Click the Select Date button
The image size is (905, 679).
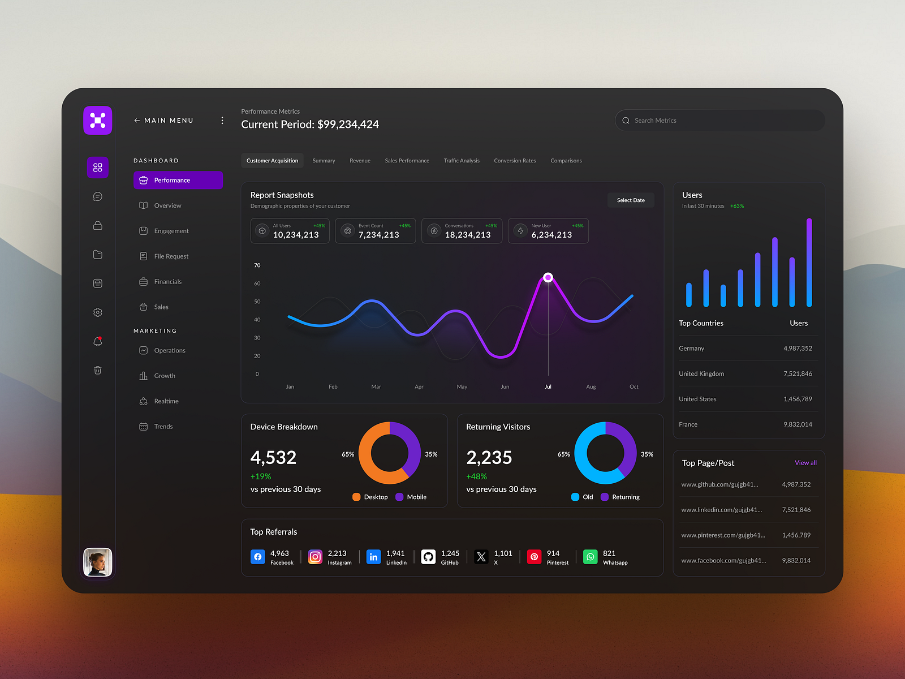(631, 200)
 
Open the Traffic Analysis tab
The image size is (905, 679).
(462, 161)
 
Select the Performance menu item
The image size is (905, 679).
(178, 181)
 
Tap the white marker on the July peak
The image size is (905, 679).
(548, 277)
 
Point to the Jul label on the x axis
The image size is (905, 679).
(548, 387)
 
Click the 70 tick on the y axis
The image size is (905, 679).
(257, 265)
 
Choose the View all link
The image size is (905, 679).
(805, 463)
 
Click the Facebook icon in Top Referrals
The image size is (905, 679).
(258, 557)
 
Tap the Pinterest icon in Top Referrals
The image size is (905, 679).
(534, 557)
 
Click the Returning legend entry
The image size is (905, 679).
(620, 497)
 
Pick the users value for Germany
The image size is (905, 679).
(798, 349)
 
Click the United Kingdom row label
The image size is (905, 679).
(701, 374)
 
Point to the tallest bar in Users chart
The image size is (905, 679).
(809, 263)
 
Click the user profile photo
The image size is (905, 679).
(98, 562)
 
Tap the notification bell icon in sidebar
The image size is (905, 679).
(98, 342)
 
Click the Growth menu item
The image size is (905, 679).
(165, 376)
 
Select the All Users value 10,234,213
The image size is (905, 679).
(296, 235)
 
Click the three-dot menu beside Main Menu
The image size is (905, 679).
(222, 121)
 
